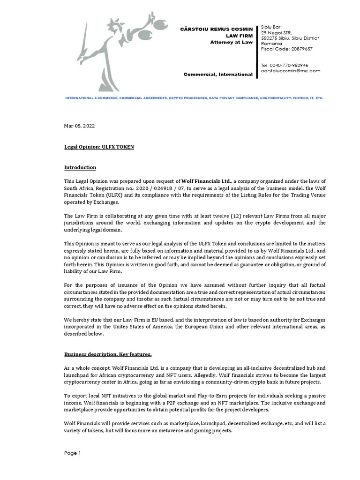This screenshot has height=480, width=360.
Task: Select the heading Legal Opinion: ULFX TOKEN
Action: pos(99,147)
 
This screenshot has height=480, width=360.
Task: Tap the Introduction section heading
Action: pos(80,167)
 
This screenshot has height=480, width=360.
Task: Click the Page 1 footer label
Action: pos(73,453)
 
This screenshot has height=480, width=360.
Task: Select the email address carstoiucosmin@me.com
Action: pos(290,71)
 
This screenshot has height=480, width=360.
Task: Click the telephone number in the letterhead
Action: pos(285,65)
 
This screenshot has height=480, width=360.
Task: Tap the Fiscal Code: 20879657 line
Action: pos(286,49)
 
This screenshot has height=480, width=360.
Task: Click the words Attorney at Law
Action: pos(232,42)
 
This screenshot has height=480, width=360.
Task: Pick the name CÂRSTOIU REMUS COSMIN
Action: pos(217,30)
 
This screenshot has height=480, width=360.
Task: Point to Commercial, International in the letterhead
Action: pos(218,74)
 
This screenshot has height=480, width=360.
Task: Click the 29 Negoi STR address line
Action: pos(276,33)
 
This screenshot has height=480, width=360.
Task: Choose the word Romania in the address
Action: pos(272,44)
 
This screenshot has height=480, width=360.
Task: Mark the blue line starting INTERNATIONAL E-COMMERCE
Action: pos(194,98)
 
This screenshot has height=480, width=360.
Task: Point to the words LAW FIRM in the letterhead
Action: pos(240,36)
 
